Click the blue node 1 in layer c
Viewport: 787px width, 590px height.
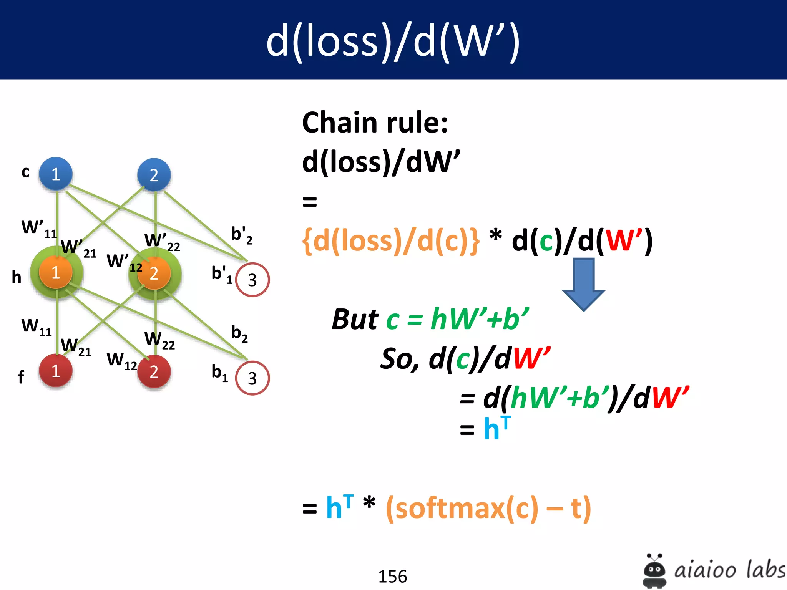tap(56, 174)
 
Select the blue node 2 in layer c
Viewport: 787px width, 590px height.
tap(154, 175)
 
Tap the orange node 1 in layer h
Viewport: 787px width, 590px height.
tap(56, 272)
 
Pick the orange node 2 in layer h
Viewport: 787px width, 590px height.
tap(154, 273)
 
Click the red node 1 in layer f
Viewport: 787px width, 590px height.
tap(56, 371)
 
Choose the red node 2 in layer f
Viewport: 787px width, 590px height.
tap(154, 371)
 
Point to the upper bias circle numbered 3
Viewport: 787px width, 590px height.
tap(252, 280)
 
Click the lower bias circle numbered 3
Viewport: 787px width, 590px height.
tap(252, 378)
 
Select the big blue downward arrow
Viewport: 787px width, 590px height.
tap(583, 284)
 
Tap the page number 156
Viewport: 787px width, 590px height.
tap(392, 576)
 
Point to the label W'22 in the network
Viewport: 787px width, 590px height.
tap(162, 241)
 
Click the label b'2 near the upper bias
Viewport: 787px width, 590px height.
tap(241, 235)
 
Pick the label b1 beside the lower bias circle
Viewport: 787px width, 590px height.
tap(220, 373)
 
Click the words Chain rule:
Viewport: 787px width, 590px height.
tap(375, 123)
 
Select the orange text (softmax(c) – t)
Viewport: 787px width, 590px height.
tap(488, 508)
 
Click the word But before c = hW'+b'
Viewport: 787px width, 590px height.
tap(355, 319)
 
